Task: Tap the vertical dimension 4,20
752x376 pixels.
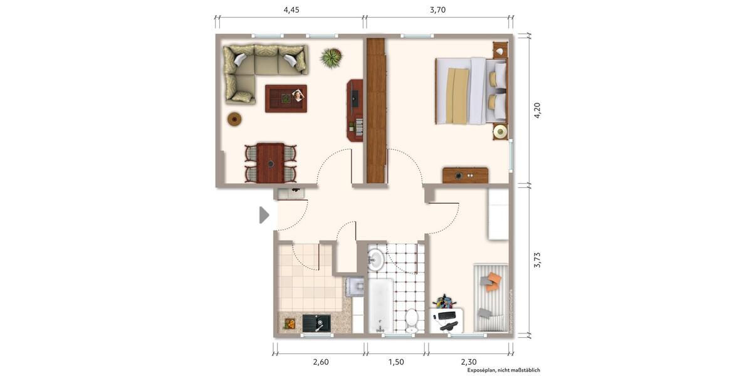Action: pos(536,110)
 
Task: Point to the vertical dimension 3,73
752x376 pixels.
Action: pos(536,260)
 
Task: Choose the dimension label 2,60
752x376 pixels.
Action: pos(320,362)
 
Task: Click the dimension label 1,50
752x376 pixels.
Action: pos(396,362)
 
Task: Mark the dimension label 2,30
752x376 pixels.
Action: pos(469,362)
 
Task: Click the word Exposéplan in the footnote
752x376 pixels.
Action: pos(481,370)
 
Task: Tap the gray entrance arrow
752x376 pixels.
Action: pos(264,215)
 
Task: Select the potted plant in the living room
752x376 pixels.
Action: pos(331,58)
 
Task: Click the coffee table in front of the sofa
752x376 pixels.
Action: pos(286,98)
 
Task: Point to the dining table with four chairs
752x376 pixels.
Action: pos(271,163)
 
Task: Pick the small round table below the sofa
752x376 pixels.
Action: pos(234,118)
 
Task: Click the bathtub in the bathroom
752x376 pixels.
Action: pos(380,306)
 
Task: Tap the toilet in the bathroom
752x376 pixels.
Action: pos(412,319)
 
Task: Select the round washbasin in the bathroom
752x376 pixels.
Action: pos(375,259)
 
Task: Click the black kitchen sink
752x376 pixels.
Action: pos(316,323)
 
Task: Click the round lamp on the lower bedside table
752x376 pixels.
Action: pos(500,132)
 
